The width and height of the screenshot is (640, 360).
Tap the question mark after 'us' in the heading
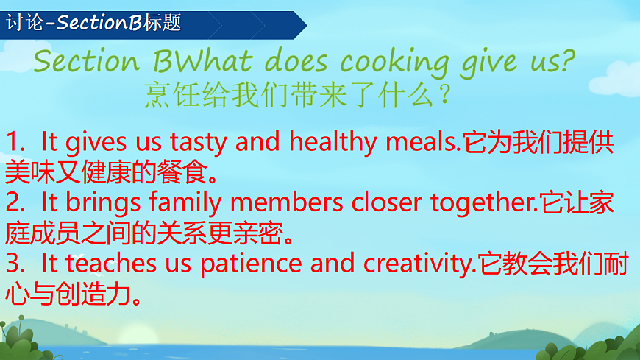click(565, 63)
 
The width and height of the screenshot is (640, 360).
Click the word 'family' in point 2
click(193, 202)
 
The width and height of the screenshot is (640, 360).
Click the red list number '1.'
click(16, 142)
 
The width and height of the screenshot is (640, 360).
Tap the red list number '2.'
click(16, 202)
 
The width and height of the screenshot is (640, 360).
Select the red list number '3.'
click(16, 264)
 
